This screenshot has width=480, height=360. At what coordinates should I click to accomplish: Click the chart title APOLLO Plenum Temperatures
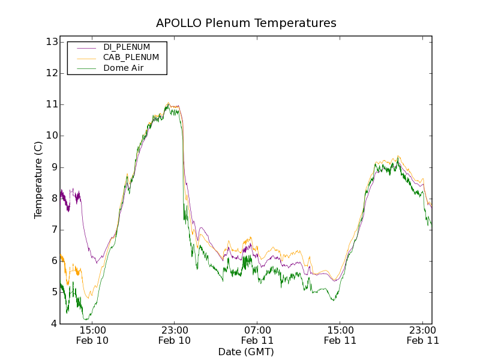246,23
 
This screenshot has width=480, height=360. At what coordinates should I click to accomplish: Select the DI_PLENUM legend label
127,47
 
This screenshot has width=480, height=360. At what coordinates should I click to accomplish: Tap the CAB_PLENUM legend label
131,58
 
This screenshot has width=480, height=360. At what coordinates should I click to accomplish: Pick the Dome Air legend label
124,68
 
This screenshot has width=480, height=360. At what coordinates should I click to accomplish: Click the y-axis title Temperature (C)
38,180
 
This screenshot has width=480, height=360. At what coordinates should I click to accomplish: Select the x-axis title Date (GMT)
246,352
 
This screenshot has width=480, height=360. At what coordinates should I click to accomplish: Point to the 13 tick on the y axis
51,42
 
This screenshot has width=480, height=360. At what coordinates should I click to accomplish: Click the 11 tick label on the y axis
51,104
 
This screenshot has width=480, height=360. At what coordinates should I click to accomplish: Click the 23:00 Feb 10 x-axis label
175,335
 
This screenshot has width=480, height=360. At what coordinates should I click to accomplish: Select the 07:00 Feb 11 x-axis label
257,335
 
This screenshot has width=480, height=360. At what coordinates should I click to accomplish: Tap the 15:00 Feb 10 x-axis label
92,335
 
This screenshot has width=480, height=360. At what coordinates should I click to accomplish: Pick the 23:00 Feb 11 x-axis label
422,335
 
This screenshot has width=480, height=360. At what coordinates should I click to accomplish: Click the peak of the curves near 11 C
169,104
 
